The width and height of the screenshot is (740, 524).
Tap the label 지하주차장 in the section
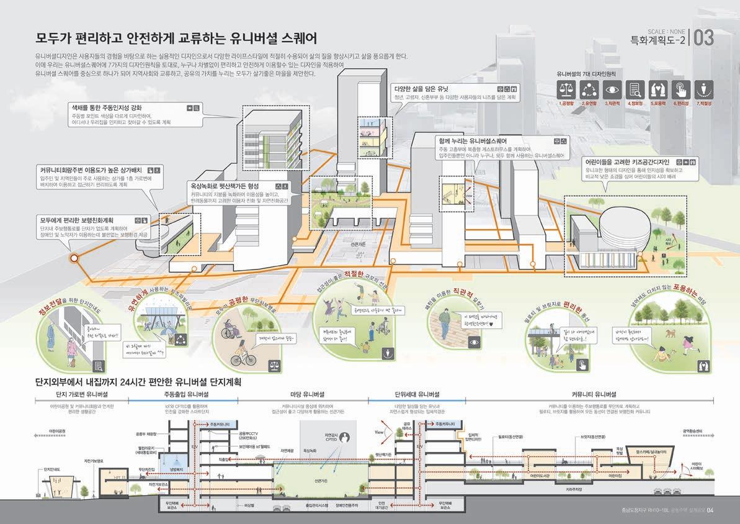[x=573, y=489]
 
